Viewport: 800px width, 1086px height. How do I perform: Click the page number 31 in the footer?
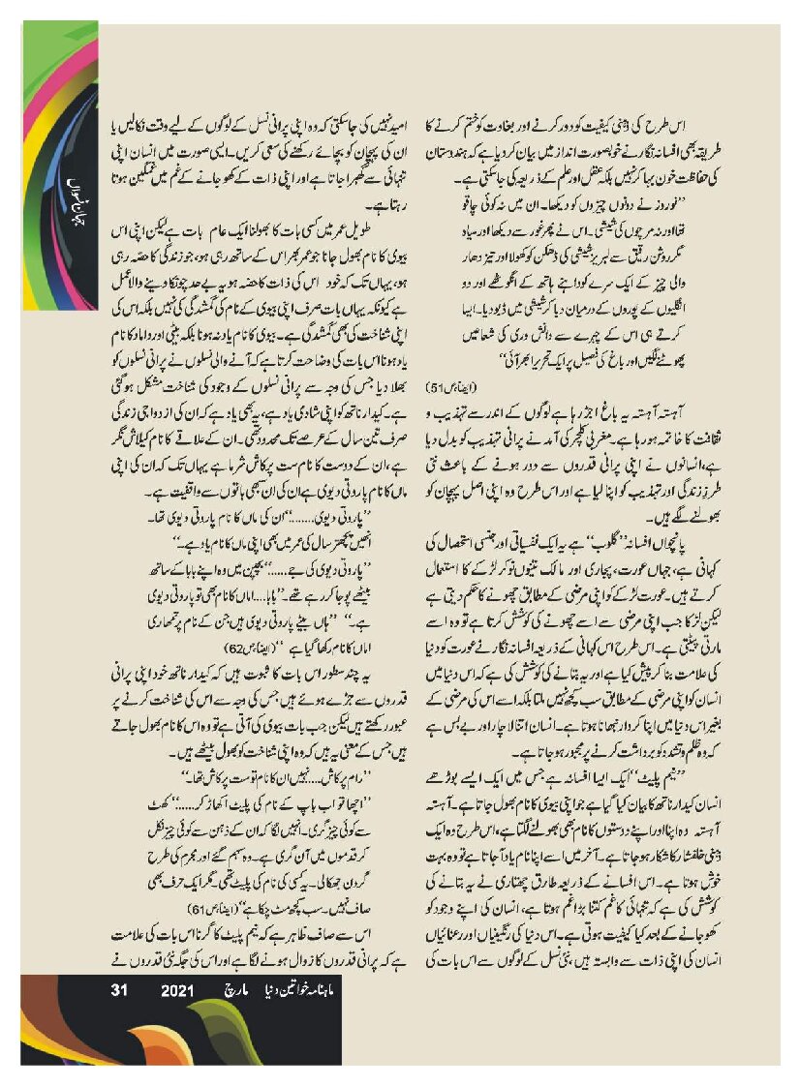click(121, 990)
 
